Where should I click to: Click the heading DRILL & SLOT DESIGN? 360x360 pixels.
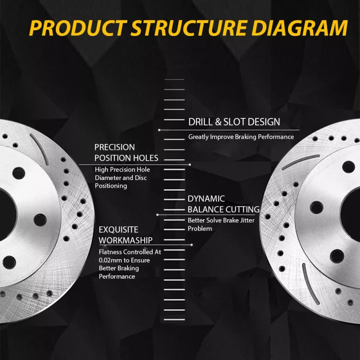click(x=234, y=121)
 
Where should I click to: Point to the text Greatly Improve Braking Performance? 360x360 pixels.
click(x=241, y=137)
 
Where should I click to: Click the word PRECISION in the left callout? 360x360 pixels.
click(x=114, y=147)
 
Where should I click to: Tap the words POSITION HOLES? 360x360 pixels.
click(x=126, y=158)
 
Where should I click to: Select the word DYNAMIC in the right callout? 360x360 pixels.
click(x=206, y=198)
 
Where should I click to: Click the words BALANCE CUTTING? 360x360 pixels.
click(x=223, y=209)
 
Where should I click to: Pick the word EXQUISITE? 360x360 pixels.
click(x=118, y=229)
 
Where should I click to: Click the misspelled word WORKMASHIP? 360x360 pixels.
click(x=125, y=240)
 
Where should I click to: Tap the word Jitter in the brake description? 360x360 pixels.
click(x=246, y=220)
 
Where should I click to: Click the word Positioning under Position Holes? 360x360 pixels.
click(x=111, y=186)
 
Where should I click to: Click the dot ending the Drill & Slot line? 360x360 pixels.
click(x=159, y=130)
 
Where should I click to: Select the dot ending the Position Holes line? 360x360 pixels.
click(x=190, y=165)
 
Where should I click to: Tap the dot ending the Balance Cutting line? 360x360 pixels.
click(x=157, y=215)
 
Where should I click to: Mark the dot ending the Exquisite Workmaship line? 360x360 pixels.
click(x=192, y=245)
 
